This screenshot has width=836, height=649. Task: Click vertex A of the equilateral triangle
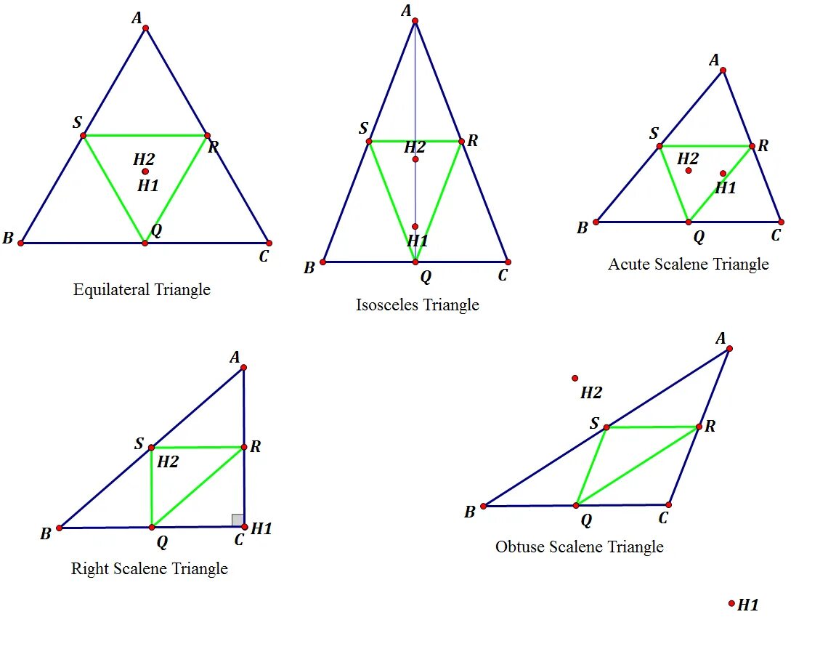point(145,28)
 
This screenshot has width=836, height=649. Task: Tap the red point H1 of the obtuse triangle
point(731,603)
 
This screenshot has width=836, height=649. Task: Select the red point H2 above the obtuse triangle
point(575,378)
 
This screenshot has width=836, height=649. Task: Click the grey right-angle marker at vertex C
point(238,520)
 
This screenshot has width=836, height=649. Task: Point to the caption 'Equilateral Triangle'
point(142,289)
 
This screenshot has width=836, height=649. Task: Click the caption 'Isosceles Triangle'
point(417,305)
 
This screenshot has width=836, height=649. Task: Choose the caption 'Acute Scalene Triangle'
point(688,264)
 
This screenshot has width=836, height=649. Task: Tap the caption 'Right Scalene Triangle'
point(149,568)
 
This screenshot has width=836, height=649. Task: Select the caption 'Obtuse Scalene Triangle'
point(579,547)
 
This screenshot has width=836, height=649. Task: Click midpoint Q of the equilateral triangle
point(145,243)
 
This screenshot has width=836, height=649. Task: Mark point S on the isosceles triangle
point(369,141)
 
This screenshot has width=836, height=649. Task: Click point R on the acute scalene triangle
point(752,146)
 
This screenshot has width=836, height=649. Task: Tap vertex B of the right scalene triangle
point(60,528)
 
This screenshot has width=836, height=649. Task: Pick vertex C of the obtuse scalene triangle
point(669,504)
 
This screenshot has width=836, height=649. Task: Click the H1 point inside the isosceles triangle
point(415,227)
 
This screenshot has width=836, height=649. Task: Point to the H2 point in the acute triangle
point(689,170)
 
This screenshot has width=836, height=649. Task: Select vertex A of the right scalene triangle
point(243,368)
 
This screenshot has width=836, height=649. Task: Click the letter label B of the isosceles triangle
point(309,267)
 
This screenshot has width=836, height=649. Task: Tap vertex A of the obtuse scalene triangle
point(729,349)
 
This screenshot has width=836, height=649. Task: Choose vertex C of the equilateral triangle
point(269,243)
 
